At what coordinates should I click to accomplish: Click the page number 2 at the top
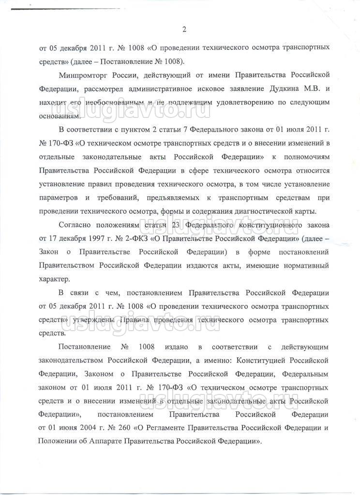click(184, 30)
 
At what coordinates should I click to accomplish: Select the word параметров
click(59, 198)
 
